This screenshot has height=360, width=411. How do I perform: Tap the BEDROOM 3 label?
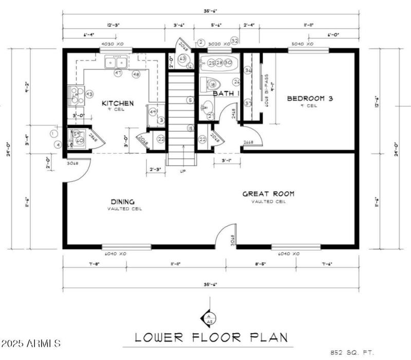[x=309, y=98]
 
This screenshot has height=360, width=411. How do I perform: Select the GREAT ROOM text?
[x=268, y=194]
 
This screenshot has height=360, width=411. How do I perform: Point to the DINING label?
[x=122, y=202]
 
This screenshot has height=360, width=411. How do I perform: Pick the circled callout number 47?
[x=118, y=73]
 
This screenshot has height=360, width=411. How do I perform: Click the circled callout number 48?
[x=136, y=75]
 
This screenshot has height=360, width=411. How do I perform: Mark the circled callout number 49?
[x=153, y=112]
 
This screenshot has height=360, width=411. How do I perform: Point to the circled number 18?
[x=212, y=85]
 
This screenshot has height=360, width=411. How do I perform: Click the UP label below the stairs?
[x=182, y=171]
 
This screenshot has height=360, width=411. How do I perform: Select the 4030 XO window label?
[x=113, y=44]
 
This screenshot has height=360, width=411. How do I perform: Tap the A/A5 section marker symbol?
[x=209, y=318]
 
